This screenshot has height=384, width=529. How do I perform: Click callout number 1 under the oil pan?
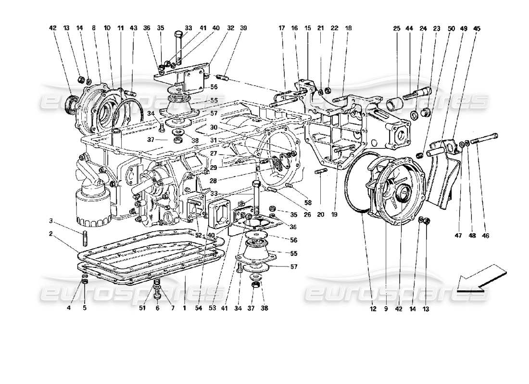coord(184,308)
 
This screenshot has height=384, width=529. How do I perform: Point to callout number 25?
coord(397,28)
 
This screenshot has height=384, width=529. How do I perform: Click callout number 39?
coord(244,28)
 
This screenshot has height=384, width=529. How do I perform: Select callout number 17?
coord(282,28)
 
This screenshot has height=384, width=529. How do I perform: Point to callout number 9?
coord(386,308)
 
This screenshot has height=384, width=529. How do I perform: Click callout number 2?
coord(50,234)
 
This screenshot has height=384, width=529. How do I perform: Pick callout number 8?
coord(94,28)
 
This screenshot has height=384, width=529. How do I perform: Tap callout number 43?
coord(133,28)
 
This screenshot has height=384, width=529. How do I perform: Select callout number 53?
coord(212,308)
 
